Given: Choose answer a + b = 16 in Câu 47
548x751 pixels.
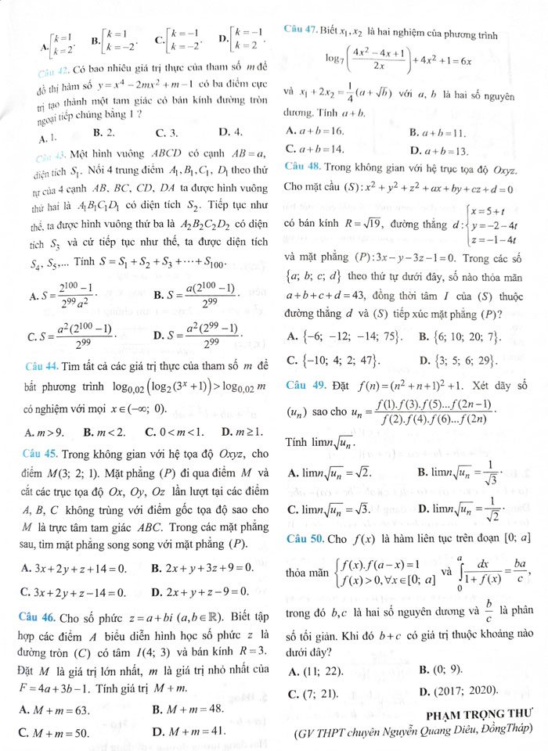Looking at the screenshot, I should point(316,129).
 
